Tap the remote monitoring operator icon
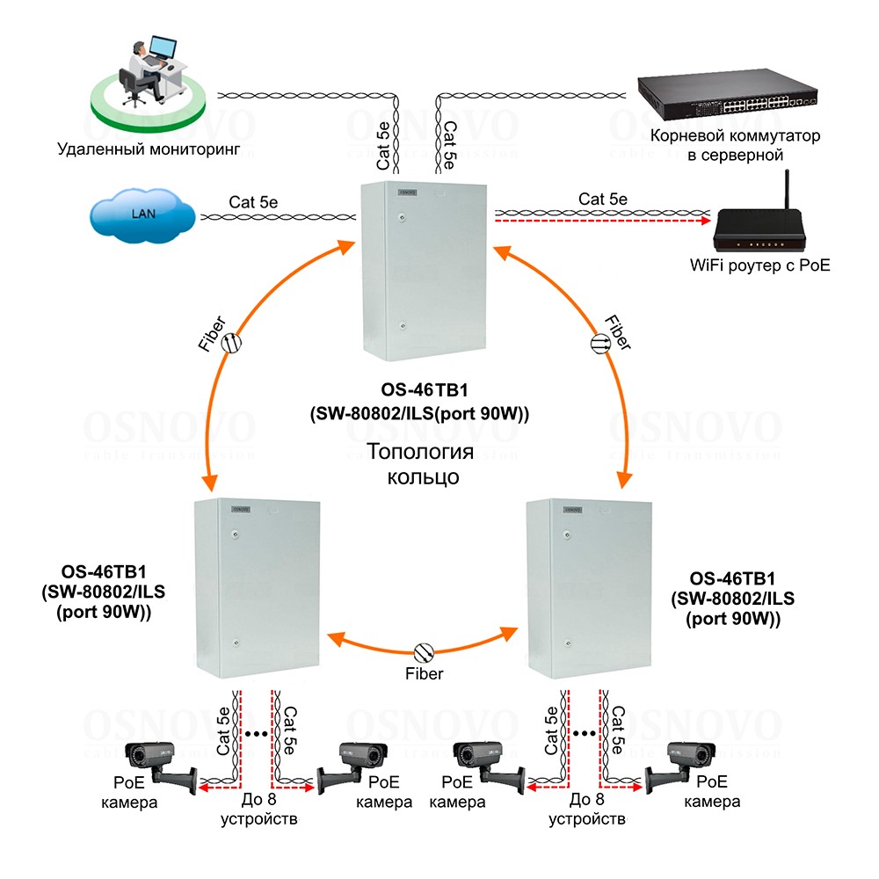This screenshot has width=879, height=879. (145, 74)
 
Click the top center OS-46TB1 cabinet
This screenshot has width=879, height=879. (425, 272)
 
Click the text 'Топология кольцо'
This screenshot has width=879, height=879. (420, 465)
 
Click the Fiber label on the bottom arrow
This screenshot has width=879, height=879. (424, 674)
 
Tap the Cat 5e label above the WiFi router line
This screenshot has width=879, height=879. (603, 199)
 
